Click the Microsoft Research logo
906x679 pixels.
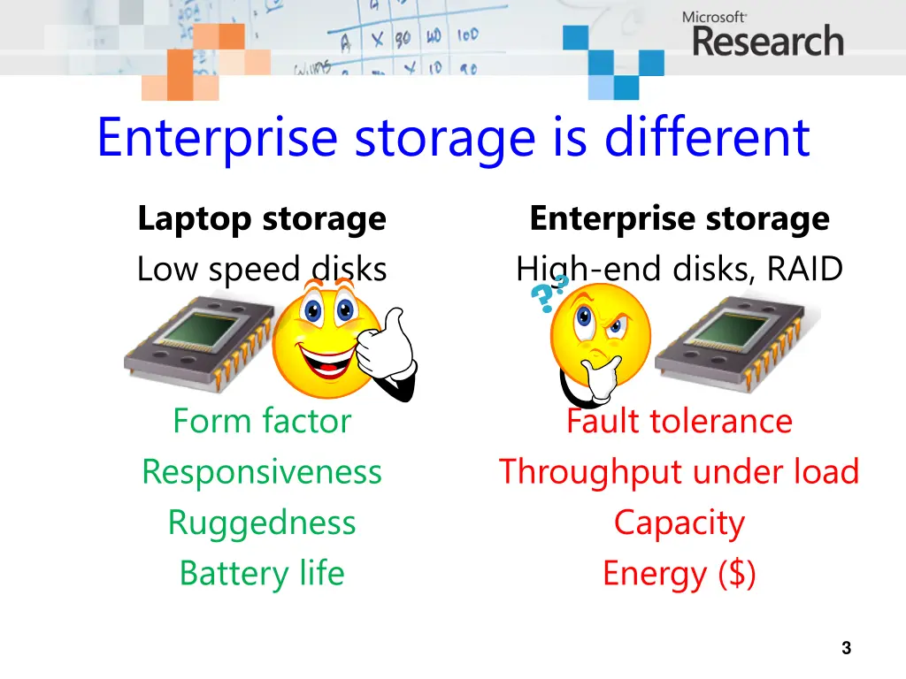click(762, 35)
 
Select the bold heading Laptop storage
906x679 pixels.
click(262, 218)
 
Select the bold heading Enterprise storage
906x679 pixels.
click(679, 218)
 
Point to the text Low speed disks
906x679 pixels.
click(262, 269)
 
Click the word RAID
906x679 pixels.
click(805, 269)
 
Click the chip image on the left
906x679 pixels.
click(196, 340)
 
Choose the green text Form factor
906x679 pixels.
click(262, 421)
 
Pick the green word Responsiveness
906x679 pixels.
click(262, 472)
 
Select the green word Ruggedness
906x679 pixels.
click(262, 523)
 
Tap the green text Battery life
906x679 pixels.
click(262, 573)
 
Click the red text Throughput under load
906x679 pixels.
click(679, 472)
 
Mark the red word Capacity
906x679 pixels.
click(679, 523)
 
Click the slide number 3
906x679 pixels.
click(846, 648)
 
